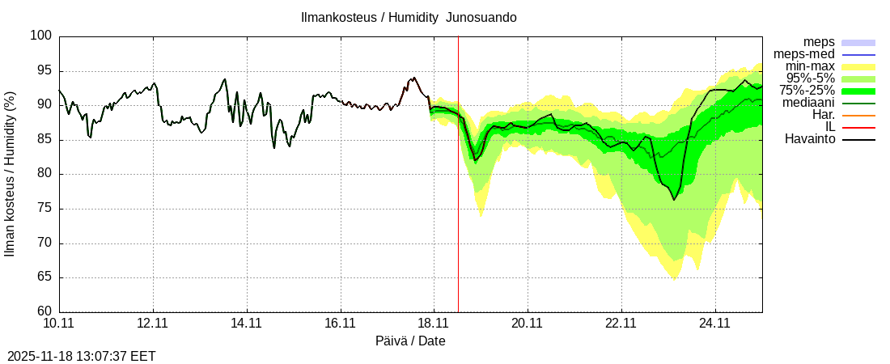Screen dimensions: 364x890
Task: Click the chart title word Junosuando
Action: click(481, 17)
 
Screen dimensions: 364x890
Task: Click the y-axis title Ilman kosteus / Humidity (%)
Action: click(11, 174)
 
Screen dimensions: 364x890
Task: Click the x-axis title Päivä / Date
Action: click(410, 341)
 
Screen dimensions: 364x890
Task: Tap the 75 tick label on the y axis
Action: click(46, 209)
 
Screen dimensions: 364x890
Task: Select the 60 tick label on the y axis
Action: click(46, 311)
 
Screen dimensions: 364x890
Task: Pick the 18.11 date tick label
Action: click(433, 323)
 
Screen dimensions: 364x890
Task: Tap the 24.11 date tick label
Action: click(714, 323)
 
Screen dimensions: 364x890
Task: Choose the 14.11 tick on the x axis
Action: click(246, 323)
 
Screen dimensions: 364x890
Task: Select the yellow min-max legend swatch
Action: click(858, 66)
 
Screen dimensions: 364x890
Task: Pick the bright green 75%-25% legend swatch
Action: click(858, 91)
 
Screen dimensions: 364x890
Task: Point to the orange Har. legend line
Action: click(858, 115)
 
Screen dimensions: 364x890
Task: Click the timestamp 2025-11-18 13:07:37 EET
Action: click(82, 356)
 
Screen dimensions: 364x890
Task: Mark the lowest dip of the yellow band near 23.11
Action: click(673, 278)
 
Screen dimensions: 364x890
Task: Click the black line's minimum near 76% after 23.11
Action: click(673, 199)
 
